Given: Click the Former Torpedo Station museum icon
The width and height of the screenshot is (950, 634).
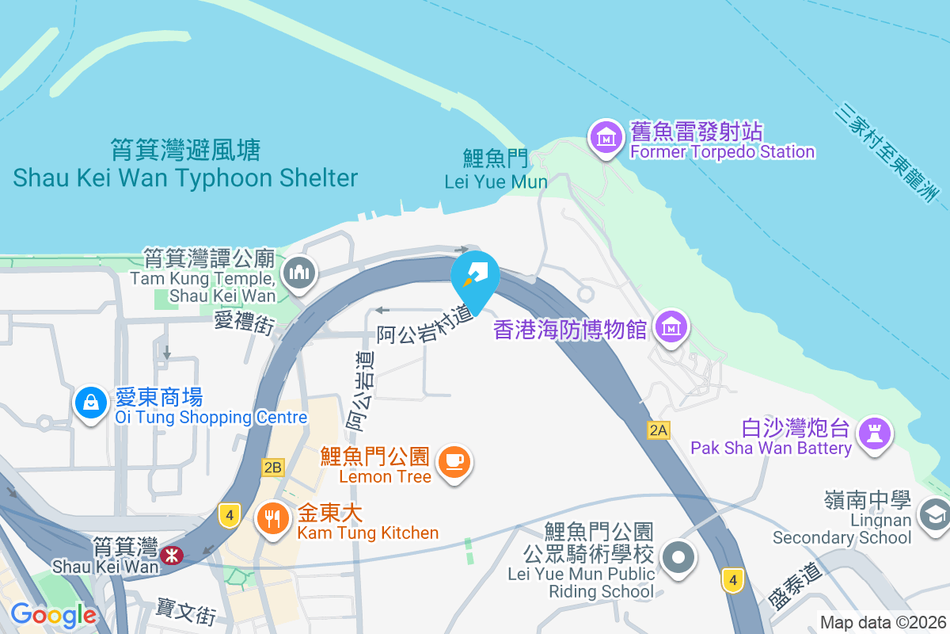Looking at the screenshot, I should tap(606, 138).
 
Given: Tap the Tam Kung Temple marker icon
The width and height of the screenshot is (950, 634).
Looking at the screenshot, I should tap(300, 273).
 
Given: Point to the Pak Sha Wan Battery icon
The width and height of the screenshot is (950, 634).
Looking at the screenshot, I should tap(876, 433).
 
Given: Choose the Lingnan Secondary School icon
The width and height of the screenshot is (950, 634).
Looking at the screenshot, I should tap(933, 515).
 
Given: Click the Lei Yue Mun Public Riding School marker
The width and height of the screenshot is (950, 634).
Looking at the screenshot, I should tap(678, 557).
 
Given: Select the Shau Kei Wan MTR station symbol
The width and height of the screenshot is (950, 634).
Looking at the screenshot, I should tap(170, 554).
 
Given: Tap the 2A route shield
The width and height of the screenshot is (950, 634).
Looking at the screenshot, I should tap(659, 430).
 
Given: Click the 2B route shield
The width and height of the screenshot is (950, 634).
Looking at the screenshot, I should tap(272, 468).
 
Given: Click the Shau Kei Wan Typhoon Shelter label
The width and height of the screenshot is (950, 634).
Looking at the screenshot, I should tap(185, 164).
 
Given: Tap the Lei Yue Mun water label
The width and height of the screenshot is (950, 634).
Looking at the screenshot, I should tap(496, 170).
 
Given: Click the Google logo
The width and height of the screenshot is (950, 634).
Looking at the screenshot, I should tap(53, 614).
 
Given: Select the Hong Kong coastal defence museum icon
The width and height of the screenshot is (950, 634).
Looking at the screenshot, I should tap(671, 327).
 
